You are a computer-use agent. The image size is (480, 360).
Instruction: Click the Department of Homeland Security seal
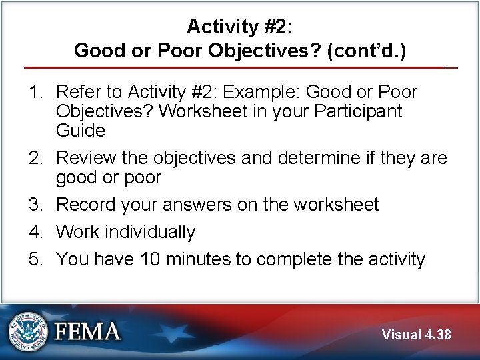tap(28, 331)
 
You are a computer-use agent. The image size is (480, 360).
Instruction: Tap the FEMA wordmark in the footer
tap(87, 332)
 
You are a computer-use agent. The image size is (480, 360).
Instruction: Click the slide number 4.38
tap(437, 334)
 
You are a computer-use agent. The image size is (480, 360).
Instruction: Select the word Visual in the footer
tap(402, 334)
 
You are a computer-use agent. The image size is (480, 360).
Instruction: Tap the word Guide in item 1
tap(81, 130)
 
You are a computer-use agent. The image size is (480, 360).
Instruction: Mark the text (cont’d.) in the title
tap(367, 51)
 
